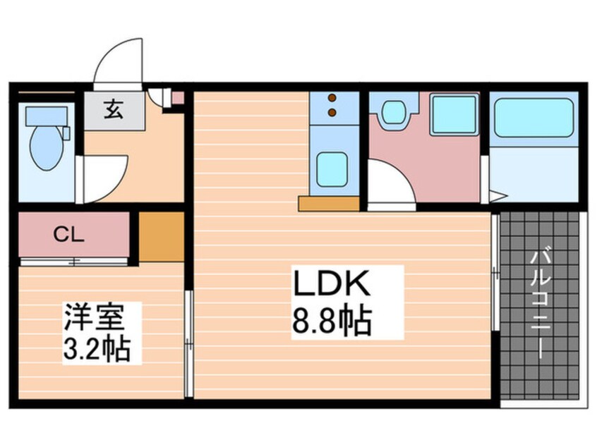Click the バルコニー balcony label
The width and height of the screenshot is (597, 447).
[541, 303]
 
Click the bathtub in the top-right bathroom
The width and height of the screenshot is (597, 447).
[533, 117]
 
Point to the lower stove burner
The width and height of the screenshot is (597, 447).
[332, 111]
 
